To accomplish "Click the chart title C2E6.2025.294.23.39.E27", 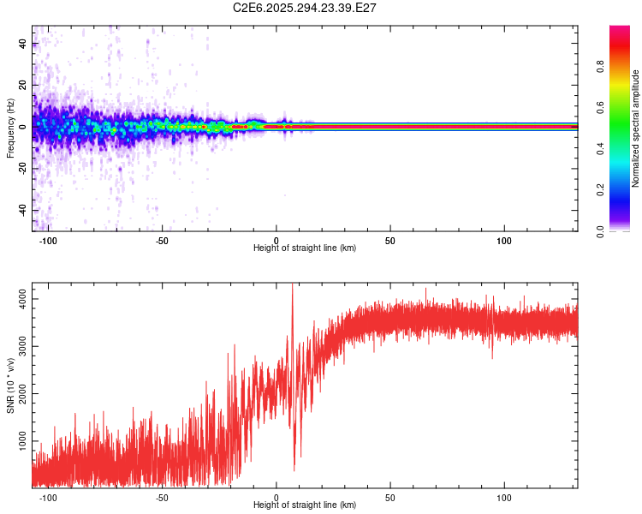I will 306,8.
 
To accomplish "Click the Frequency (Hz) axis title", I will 10,128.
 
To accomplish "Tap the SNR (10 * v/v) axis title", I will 10,385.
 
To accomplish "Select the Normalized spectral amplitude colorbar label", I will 636,128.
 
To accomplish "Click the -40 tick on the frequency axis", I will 23,210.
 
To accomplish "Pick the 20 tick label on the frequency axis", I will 23,85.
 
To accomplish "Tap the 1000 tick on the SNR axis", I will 23,441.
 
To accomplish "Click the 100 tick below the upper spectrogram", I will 504,241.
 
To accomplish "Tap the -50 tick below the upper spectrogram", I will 162,241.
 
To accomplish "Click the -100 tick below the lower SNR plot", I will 48,498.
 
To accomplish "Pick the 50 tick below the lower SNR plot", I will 390,498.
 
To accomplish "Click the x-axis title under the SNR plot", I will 305,505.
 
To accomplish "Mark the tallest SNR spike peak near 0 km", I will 293,286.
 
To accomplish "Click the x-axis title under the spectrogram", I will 305,248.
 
